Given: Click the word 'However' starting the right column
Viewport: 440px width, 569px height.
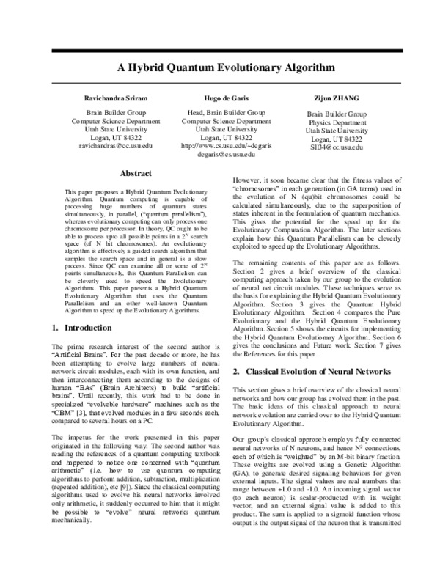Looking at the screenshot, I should pos(246,180).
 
